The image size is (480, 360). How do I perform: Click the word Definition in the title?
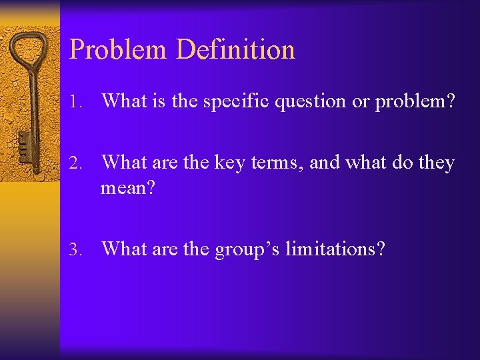235,50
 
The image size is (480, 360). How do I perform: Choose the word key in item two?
229,163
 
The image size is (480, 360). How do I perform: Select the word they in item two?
437,163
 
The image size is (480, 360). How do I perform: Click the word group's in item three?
248,249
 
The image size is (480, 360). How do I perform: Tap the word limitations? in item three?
335,249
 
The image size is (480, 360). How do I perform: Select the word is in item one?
158,102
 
